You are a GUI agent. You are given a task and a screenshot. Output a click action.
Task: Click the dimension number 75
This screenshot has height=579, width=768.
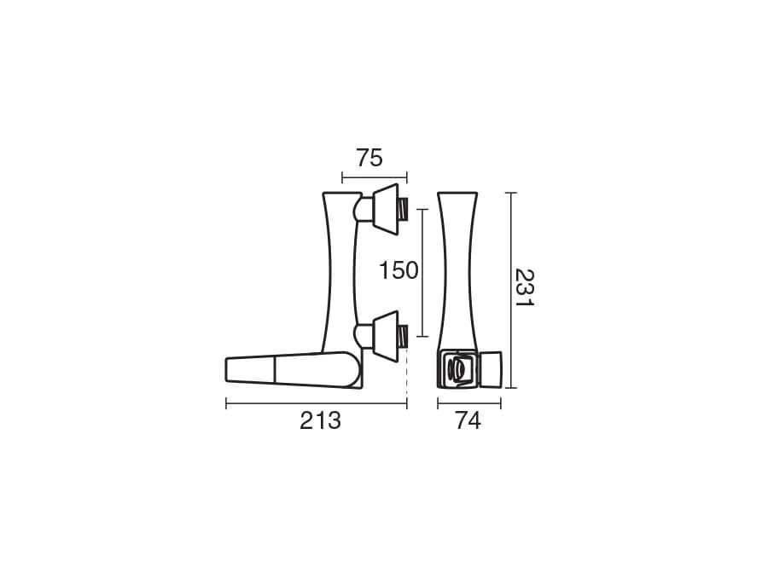[369, 158]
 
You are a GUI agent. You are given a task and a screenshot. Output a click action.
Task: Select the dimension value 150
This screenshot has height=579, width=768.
[399, 270]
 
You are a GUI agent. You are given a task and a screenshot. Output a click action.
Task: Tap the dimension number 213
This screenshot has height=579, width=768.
[320, 420]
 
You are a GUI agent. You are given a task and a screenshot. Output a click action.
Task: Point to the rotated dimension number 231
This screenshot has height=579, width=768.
[524, 287]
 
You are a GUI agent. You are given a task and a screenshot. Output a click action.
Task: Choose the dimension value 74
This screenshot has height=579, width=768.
[468, 420]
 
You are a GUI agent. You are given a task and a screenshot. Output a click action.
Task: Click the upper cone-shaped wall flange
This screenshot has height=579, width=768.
[386, 209]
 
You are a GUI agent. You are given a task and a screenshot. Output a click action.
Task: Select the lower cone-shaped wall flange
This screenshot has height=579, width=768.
[386, 336]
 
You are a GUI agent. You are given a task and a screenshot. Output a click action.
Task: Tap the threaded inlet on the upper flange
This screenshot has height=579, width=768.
[403, 210]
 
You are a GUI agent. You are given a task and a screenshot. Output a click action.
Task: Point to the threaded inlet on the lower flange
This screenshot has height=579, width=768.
[403, 337]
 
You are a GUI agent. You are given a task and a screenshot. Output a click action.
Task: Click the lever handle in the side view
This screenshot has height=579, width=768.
[293, 370]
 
